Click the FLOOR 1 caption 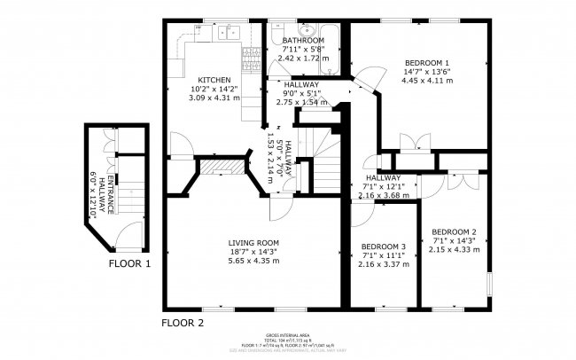tap(129, 263)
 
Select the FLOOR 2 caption tap(183, 323)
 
